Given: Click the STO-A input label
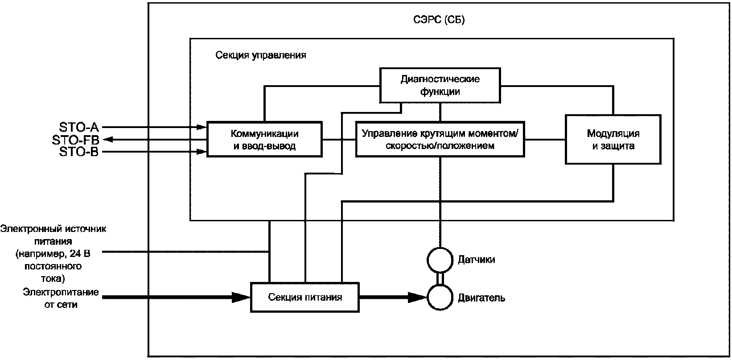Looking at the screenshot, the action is [79, 127].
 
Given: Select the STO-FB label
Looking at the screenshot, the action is [75, 140].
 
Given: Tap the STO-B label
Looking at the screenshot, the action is [79, 152].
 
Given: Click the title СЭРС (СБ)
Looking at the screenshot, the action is [439, 20].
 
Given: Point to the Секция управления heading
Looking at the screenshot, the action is [261, 55].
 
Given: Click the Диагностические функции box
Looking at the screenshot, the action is [440, 85].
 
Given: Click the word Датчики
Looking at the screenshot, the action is [477, 260].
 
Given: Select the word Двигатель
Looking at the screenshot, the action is [481, 298].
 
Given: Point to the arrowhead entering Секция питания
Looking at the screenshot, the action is [241, 297].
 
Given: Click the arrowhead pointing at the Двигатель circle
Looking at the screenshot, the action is [418, 297].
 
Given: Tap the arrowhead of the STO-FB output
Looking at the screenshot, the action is [108, 140].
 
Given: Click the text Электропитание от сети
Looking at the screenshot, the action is [61, 298].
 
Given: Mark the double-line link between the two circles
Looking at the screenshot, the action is [440, 278].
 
